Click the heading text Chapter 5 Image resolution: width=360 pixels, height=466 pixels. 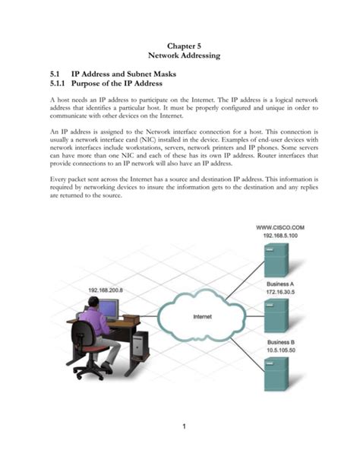(180, 46)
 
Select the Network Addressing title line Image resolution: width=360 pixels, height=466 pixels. (180, 57)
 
